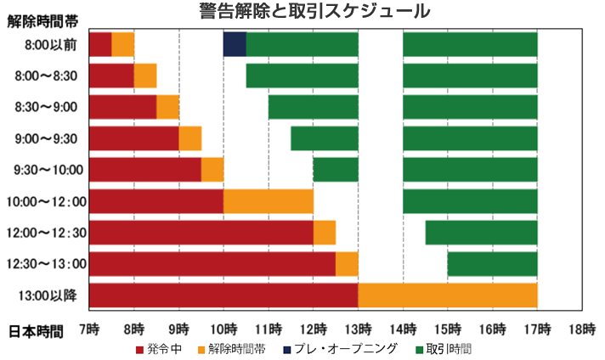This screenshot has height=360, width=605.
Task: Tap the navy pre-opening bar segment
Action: (235, 43)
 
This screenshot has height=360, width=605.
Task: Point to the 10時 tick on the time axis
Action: (223, 329)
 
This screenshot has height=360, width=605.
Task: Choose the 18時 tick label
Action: (582, 329)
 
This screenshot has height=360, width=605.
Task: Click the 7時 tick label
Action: (89, 329)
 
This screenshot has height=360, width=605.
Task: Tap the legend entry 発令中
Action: (158, 348)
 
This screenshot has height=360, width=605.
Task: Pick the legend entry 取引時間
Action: (443, 348)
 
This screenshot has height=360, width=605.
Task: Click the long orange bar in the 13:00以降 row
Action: (448, 295)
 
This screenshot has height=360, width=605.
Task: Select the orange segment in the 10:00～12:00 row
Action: (269, 201)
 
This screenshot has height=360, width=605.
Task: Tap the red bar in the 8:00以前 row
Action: (100, 43)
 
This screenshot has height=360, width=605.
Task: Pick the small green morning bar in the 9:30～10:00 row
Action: (336, 170)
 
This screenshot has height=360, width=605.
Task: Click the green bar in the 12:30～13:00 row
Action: (492, 264)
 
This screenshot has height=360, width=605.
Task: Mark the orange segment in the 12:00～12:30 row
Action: (325, 233)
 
